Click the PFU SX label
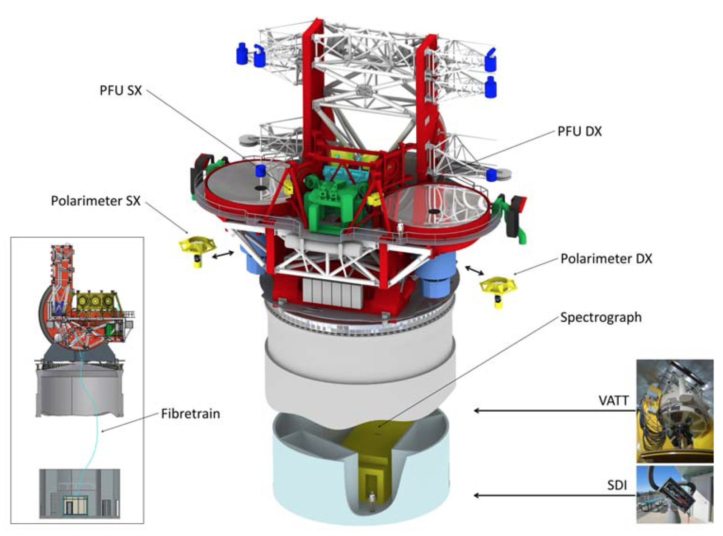(121, 90)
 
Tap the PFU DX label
(579, 132)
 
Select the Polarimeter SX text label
(95, 201)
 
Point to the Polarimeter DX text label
(606, 259)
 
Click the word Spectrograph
(601, 317)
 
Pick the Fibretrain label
(190, 414)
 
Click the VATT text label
(613, 400)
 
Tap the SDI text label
(617, 485)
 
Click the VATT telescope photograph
(675, 411)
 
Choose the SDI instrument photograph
(675, 494)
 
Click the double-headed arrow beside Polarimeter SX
(223, 255)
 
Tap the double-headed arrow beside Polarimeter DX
(474, 270)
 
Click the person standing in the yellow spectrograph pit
(372, 501)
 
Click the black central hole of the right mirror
(435, 211)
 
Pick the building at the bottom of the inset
(80, 493)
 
